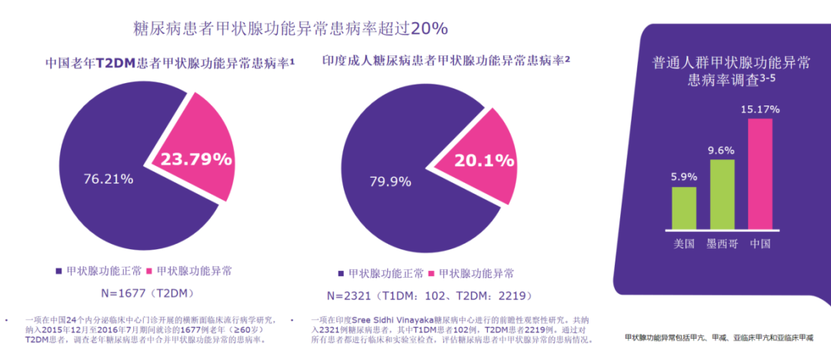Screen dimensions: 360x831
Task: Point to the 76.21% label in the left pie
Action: (x=108, y=178)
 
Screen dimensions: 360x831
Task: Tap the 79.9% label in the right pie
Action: (x=393, y=182)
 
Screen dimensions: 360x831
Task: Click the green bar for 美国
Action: (x=684, y=208)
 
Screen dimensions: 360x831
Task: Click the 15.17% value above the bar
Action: (x=759, y=108)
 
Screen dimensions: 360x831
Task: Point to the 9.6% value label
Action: (x=722, y=150)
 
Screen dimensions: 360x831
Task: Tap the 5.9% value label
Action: (x=684, y=177)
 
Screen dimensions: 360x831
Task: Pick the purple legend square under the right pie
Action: (x=340, y=274)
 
